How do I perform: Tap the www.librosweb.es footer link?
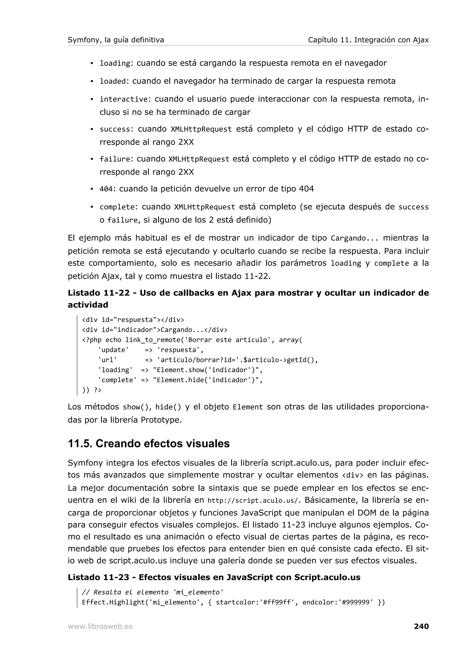click(x=100, y=626)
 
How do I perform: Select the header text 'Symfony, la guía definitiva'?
click(x=116, y=40)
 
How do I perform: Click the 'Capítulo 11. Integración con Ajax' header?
click(x=368, y=40)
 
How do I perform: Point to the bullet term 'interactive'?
click(x=124, y=99)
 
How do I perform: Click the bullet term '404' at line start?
click(x=106, y=189)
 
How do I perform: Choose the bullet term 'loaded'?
click(x=113, y=81)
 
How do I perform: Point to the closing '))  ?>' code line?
click(x=92, y=390)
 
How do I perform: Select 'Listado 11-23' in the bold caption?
click(x=98, y=577)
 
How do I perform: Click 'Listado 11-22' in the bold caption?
click(x=98, y=293)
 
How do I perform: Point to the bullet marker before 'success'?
click(x=92, y=129)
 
